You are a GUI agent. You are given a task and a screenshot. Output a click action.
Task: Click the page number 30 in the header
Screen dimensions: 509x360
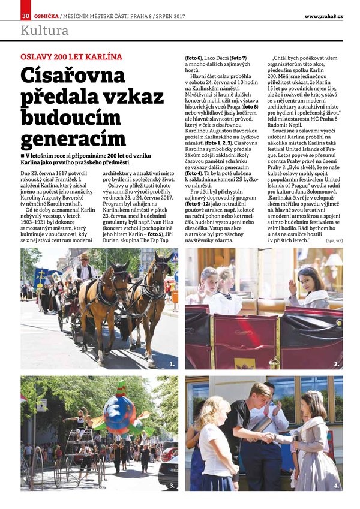25,15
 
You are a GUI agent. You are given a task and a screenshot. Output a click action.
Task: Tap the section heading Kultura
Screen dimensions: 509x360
45,31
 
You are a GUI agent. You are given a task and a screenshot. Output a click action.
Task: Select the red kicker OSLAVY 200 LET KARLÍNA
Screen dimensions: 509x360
71,57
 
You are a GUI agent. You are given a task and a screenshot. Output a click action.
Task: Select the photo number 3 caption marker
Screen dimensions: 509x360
172,486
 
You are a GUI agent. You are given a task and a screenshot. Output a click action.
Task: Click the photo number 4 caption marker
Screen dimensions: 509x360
337,486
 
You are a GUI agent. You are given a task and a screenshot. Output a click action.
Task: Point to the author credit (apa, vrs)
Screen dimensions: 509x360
334,240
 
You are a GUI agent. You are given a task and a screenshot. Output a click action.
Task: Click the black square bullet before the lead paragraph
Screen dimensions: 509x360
23,155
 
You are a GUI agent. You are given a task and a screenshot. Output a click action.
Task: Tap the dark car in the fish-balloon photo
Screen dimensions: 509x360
169,473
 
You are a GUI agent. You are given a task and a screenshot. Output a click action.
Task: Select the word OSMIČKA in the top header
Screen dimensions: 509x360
46,15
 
